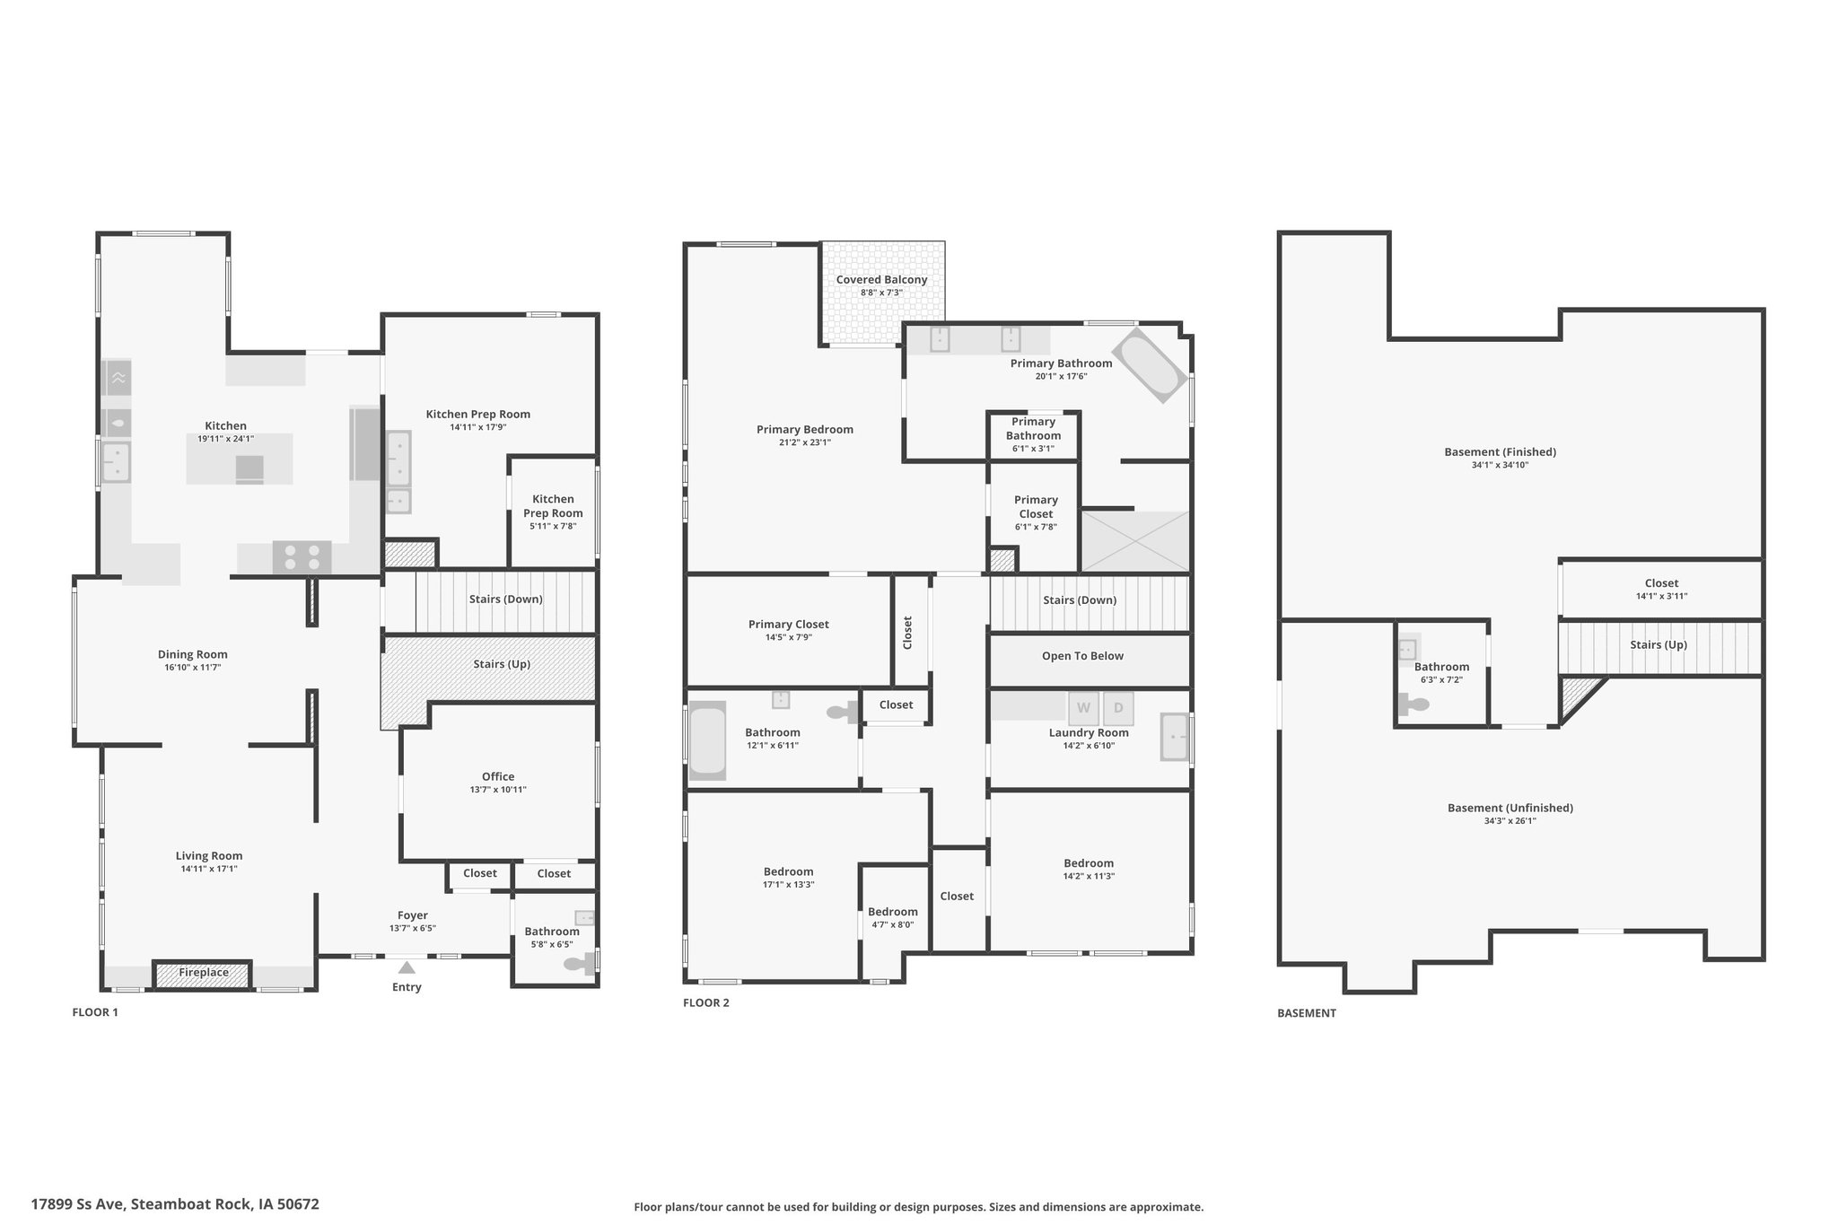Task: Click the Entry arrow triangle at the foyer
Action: (407, 967)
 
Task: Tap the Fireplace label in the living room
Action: (203, 973)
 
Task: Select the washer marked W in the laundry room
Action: (1083, 708)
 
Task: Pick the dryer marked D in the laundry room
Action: (1118, 708)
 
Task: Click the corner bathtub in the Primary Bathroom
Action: (1151, 365)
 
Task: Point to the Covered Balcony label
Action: (881, 280)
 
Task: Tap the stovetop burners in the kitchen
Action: (302, 557)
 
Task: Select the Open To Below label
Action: (1082, 656)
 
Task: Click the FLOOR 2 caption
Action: (705, 1002)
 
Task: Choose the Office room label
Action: (498, 777)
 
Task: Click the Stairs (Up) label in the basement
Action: (1659, 645)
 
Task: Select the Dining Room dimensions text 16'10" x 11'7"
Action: (193, 668)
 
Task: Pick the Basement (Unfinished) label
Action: (1510, 808)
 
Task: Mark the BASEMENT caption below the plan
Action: (1307, 1013)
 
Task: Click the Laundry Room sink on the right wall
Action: (1174, 737)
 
